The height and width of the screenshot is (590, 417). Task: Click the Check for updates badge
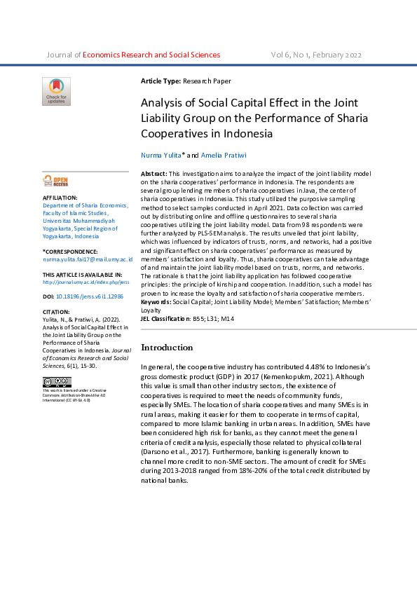click(56, 91)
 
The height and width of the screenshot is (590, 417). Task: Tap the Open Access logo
click(55, 181)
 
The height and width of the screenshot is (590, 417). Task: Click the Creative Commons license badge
click(57, 382)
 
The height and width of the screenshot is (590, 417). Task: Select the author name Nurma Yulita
click(160, 154)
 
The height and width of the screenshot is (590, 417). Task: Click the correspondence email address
click(88, 259)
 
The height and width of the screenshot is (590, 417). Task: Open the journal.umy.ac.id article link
click(86, 282)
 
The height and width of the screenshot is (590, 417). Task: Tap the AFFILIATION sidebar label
click(60, 198)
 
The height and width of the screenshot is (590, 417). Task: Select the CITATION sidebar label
click(56, 312)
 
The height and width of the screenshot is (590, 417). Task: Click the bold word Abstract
click(153, 172)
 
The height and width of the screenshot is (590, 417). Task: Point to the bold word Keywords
click(158, 301)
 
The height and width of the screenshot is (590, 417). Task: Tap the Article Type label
click(160, 82)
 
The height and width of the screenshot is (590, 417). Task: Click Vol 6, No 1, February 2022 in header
click(316, 55)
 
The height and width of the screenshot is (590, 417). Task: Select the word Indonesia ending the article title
click(249, 133)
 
